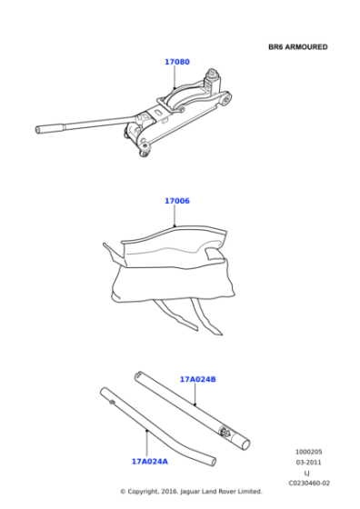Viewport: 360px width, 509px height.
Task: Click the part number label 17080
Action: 176,62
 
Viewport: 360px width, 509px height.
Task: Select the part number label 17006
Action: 176,201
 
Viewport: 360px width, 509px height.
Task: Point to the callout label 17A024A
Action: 148,461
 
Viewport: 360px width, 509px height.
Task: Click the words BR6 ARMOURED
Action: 297,46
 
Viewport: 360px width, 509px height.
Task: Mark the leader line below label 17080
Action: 175,77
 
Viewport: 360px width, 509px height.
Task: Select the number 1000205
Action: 308,451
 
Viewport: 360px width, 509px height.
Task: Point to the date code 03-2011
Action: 308,462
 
